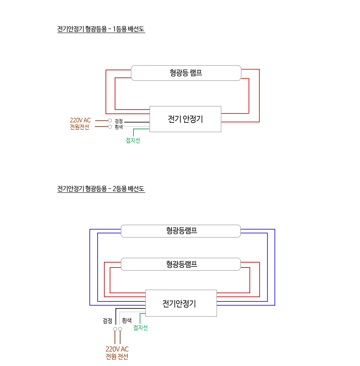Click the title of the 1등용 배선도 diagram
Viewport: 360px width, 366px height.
tap(101, 29)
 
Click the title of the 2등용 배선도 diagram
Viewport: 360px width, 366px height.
tap(101, 189)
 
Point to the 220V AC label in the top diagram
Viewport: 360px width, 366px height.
tap(80, 120)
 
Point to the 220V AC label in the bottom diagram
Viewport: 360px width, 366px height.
tap(117, 349)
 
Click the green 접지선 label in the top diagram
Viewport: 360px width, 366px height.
tap(133, 140)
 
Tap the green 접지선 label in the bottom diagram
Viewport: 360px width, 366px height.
tap(140, 328)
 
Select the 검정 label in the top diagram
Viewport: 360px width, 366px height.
tap(119, 121)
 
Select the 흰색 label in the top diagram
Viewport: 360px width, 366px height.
tap(119, 127)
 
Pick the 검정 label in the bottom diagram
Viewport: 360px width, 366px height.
tap(108, 321)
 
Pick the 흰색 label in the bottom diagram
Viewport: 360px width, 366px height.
tap(127, 320)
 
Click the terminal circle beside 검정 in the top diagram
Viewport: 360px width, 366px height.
tap(110, 120)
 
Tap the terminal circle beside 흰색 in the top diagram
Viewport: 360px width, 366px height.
tap(110, 127)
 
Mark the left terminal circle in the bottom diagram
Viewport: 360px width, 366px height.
tap(115, 329)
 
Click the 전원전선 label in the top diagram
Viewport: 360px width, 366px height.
tap(80, 127)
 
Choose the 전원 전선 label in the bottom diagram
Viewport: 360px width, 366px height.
tap(117, 357)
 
